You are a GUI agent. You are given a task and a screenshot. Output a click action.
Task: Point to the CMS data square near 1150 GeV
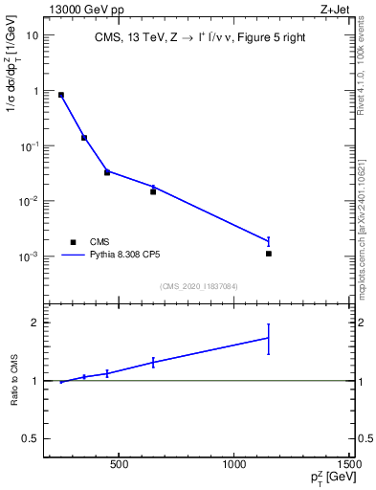[269, 254]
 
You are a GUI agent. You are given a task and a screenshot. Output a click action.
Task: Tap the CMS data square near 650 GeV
[153, 191]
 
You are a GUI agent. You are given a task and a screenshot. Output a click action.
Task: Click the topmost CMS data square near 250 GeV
[61, 95]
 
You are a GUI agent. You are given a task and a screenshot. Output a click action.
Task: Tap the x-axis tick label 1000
[235, 465]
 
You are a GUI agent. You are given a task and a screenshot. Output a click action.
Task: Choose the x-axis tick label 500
[119, 465]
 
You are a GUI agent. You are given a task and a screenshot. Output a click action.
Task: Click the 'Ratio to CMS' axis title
[12, 380]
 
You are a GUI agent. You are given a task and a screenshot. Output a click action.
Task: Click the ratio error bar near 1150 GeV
[269, 339]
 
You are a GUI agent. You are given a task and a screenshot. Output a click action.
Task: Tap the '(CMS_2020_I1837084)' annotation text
[199, 286]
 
